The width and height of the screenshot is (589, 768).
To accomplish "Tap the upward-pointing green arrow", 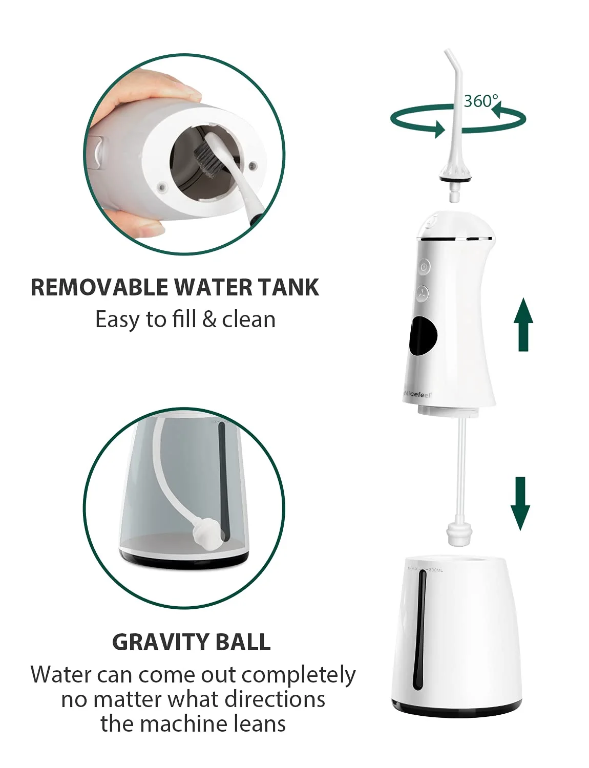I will point(523,326).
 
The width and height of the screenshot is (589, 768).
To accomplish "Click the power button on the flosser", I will point(424,266).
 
